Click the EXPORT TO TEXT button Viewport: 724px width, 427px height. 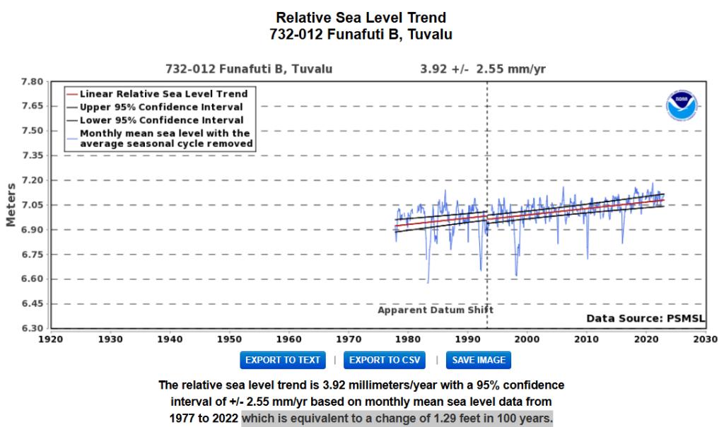pyautogui.click(x=283, y=360)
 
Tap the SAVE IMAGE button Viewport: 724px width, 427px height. pyautogui.click(x=479, y=360)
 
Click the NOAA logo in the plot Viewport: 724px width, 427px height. pyautogui.click(x=682, y=106)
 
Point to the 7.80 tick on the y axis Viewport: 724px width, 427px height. pyautogui.click(x=33, y=82)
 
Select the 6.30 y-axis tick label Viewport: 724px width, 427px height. pyautogui.click(x=33, y=329)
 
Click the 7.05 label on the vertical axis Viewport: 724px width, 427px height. pyautogui.click(x=33, y=205)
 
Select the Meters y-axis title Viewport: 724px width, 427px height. pyautogui.click(x=11, y=205)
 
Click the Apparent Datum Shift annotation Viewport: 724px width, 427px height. pyautogui.click(x=436, y=310)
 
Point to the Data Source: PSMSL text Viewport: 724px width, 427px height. pyautogui.click(x=646, y=319)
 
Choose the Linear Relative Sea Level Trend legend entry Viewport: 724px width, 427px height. pyautogui.click(x=163, y=93)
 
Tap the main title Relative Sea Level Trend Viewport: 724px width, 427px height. pyautogui.click(x=361, y=17)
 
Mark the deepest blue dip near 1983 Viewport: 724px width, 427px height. pyautogui.click(x=428, y=282)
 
